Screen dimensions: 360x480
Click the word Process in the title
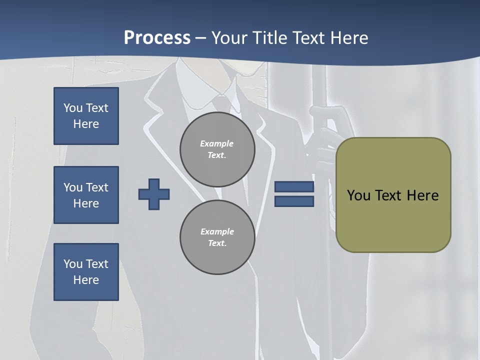point(157,38)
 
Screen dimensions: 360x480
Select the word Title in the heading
point(271,38)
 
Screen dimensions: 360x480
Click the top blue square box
point(86,116)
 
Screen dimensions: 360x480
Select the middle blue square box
point(86,195)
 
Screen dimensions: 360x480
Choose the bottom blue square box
point(86,272)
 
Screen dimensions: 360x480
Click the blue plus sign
point(154,194)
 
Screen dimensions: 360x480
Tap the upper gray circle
point(217,149)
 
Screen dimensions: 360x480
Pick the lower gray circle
point(217,237)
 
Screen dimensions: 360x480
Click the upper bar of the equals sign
point(294,187)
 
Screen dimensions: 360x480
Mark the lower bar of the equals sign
point(294,201)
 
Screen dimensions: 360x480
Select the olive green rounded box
point(393,195)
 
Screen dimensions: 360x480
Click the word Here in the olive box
point(422,195)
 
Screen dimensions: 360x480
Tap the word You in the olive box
point(359,195)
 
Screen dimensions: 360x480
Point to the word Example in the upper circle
point(216,143)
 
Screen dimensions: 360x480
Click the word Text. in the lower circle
point(217,243)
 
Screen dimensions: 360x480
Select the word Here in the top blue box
point(86,124)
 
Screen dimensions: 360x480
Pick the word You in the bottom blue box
point(73,264)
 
